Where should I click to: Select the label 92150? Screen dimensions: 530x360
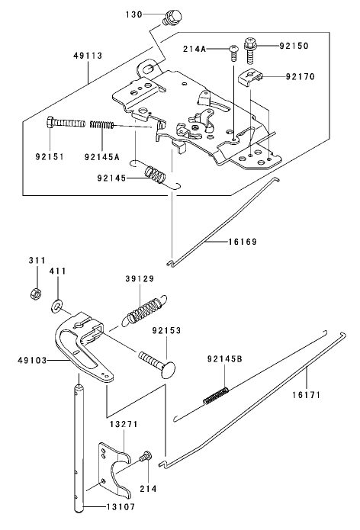coord(291,46)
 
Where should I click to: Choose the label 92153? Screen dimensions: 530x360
coord(166,331)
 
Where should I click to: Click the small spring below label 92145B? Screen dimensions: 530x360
coord(217,393)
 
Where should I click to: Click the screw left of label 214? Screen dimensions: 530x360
coord(145,458)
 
